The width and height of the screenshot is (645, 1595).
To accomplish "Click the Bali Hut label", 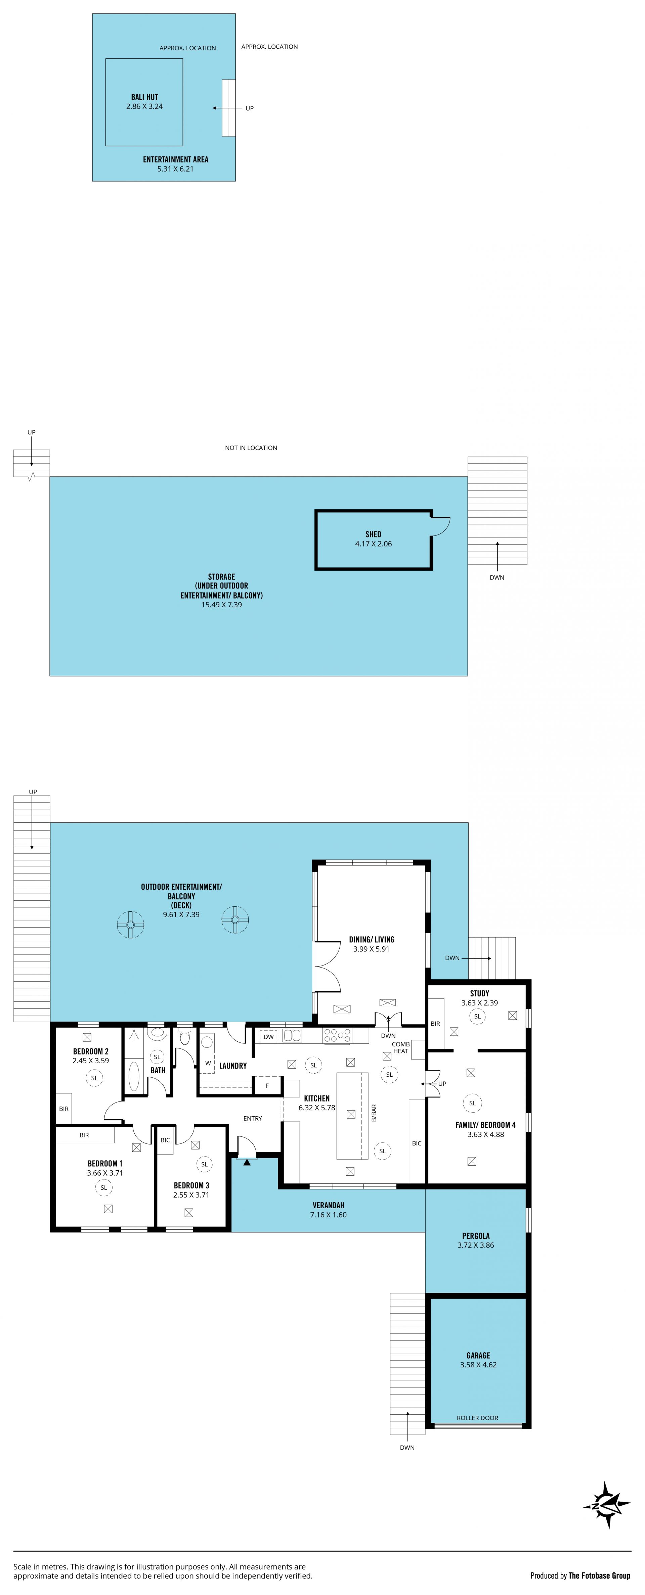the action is (x=144, y=97).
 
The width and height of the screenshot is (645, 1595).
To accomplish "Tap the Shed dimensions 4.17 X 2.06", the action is (x=374, y=544).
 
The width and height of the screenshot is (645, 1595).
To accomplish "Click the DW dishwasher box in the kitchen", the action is (x=268, y=1036).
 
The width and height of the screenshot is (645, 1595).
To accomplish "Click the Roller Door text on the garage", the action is (x=477, y=1417).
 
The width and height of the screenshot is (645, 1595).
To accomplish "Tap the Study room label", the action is (x=480, y=993).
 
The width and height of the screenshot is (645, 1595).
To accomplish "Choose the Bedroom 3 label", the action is (x=191, y=1185).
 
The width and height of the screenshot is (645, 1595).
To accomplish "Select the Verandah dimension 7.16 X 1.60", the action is (x=329, y=1215).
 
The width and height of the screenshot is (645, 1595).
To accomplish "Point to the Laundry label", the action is (x=233, y=1066).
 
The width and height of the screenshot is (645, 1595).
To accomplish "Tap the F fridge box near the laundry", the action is (x=267, y=1085).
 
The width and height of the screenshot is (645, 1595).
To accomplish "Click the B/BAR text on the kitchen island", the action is (x=374, y=1113).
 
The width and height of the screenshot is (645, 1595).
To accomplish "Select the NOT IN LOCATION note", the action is (x=251, y=448).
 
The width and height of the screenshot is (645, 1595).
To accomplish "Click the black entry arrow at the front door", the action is (x=247, y=1162).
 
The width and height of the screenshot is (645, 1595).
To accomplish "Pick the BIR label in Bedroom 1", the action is (x=84, y=1135).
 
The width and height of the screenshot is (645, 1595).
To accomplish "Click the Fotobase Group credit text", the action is (x=599, y=1575).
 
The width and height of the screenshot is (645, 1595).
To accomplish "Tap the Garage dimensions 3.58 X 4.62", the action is (x=478, y=1365).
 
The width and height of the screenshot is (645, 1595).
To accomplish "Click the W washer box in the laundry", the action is (x=208, y=1063).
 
